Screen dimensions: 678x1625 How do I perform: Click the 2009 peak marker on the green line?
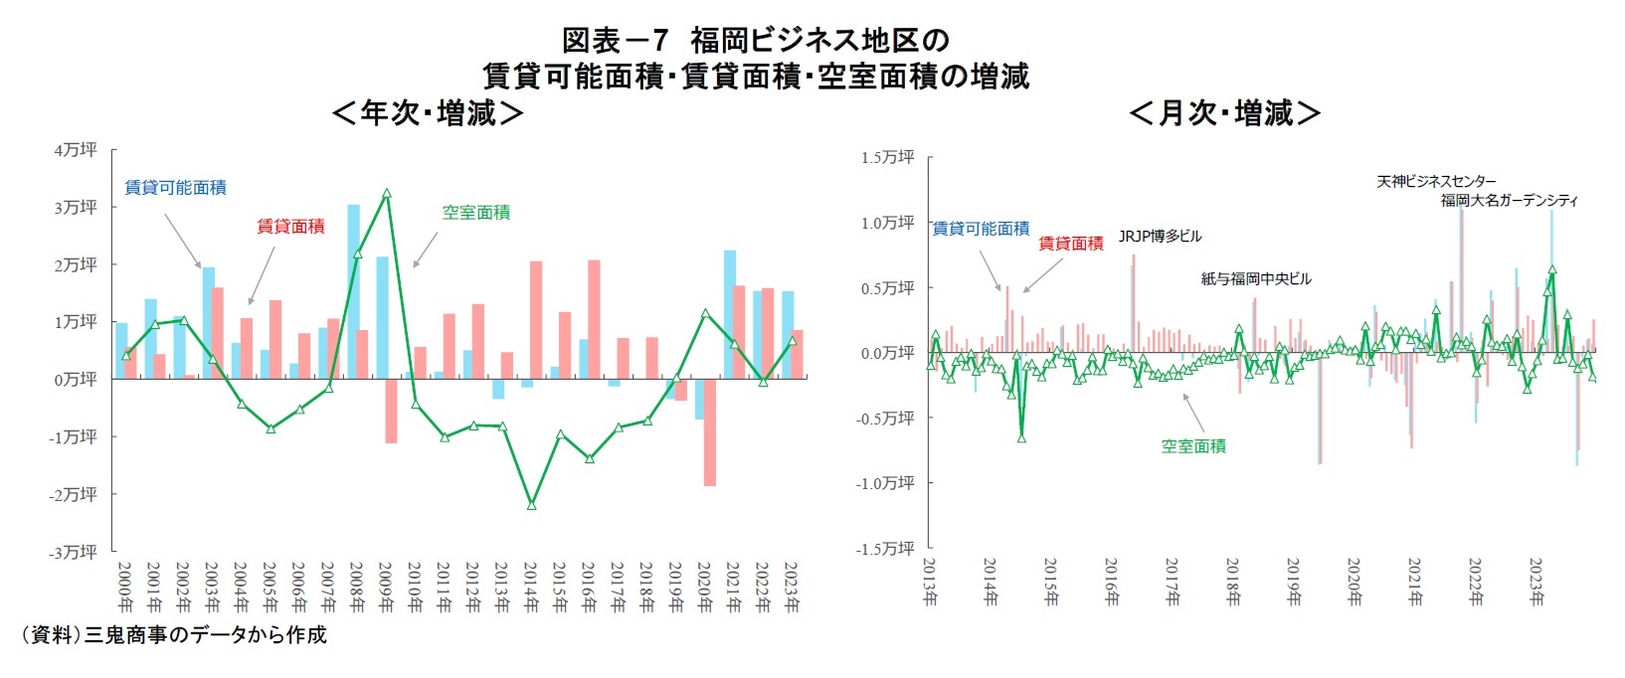pos(387,194)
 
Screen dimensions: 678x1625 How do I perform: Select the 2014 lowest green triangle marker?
pos(531,505)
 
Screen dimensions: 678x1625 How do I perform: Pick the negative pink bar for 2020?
pos(710,432)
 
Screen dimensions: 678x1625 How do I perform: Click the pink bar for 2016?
pos(594,319)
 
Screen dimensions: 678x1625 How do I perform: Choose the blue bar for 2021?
pos(730,314)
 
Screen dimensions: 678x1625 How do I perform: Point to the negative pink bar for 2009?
pos(392,411)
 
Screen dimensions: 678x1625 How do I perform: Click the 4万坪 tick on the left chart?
pos(76,149)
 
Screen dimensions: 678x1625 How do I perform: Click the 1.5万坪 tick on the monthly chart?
pos(887,157)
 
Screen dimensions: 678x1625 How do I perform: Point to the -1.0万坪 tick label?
pos(884,483)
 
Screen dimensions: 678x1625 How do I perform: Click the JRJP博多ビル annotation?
pos(1160,237)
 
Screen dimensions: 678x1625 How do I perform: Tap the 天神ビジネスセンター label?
pos(1436,181)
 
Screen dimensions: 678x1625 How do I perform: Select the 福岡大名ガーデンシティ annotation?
pos(1510,200)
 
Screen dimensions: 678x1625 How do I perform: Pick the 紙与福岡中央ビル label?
pos(1256,279)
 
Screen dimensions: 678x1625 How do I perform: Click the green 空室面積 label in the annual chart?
pos(476,212)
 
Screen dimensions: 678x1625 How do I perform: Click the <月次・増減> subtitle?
pos(1224,113)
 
